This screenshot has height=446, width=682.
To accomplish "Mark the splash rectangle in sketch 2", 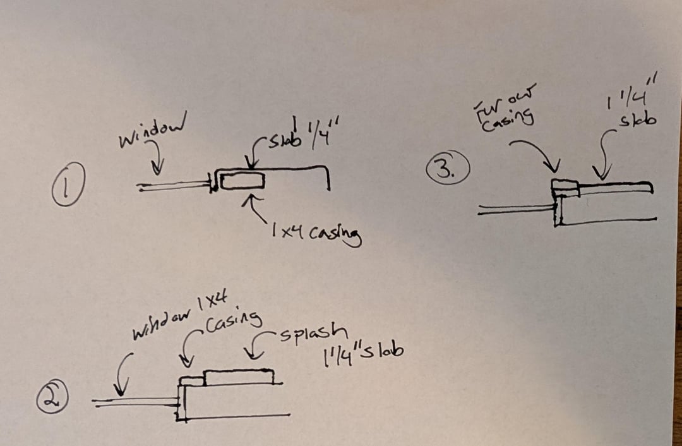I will tap(239, 377).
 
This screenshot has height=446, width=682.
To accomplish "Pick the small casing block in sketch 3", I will tap(565, 187).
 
